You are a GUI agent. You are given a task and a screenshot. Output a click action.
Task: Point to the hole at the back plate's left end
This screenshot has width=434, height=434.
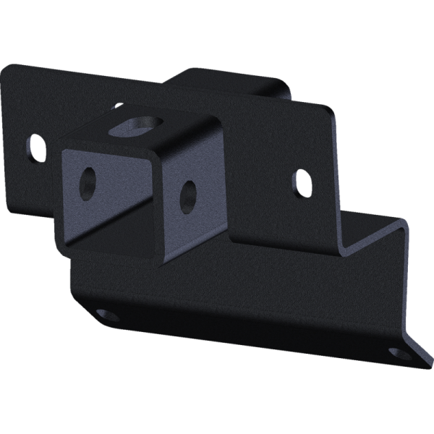pos(35,147)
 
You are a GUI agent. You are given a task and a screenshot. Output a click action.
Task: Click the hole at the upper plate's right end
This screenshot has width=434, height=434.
pos(302,181)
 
